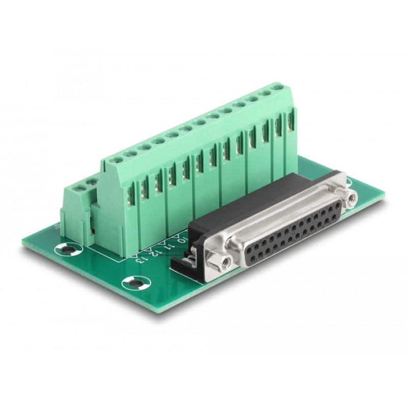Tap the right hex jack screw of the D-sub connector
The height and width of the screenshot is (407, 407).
coord(351,196)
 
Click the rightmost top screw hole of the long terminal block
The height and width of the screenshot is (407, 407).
coord(278,88)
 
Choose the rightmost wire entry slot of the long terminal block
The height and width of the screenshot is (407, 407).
coord(290,120)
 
